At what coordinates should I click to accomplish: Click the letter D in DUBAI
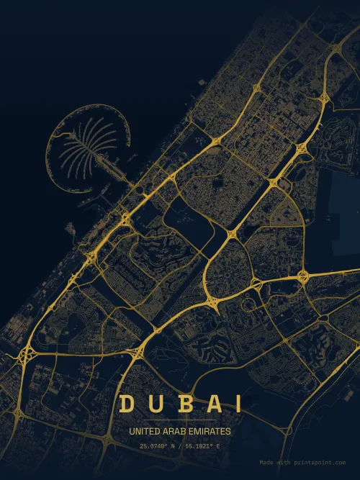tap(127, 404)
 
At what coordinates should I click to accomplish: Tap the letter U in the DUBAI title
tap(154, 404)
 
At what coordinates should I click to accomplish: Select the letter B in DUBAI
tap(181, 404)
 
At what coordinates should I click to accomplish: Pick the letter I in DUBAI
tap(234, 404)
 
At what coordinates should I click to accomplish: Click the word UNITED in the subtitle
tap(144, 432)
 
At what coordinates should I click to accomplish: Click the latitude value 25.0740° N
tap(158, 447)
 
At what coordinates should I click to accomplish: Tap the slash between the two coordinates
tap(181, 447)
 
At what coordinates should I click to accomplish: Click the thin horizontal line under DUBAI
tap(180, 420)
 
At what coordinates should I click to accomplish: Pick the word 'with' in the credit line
tap(284, 463)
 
